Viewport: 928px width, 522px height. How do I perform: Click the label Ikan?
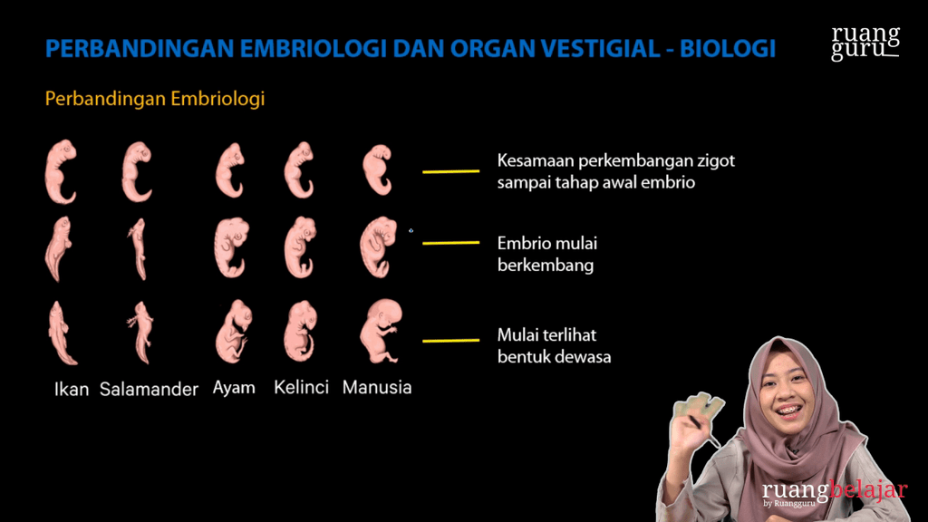[x=72, y=390]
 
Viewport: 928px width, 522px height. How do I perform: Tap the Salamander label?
[x=149, y=390]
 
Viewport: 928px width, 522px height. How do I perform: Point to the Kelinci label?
[x=301, y=388]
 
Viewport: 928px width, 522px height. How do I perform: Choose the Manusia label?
[x=377, y=388]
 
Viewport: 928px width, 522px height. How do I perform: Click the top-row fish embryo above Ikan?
[x=61, y=171]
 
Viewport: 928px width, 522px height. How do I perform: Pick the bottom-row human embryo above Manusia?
[x=380, y=331]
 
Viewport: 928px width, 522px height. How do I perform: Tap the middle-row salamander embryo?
[x=138, y=248]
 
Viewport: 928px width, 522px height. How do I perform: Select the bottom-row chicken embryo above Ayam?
[x=233, y=332]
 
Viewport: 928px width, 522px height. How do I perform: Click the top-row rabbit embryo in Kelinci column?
[x=299, y=169]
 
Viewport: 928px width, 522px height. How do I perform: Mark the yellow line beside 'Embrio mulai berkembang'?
[x=450, y=243]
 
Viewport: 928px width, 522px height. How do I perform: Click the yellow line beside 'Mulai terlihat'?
[x=450, y=341]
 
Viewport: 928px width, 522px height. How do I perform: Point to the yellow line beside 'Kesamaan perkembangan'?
[x=450, y=170]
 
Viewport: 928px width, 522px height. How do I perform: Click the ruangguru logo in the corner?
[x=865, y=43]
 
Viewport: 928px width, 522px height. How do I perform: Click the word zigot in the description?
[x=712, y=161]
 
